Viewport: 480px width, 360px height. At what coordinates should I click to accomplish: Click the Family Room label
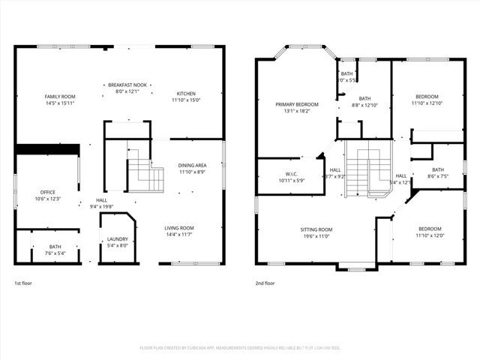(60, 97)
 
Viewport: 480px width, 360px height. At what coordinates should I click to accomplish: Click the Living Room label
(180, 228)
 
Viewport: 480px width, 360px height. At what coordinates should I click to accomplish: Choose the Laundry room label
(118, 238)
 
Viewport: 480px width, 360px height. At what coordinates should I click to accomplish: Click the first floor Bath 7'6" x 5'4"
(55, 250)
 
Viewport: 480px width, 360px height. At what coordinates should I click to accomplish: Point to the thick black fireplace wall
(47, 149)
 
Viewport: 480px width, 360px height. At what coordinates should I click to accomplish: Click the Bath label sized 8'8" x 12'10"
(364, 99)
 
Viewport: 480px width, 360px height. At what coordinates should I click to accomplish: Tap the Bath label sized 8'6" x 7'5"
(437, 172)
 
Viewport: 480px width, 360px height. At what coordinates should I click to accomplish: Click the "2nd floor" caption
(265, 283)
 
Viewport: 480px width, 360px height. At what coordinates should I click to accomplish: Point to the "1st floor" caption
(23, 283)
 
